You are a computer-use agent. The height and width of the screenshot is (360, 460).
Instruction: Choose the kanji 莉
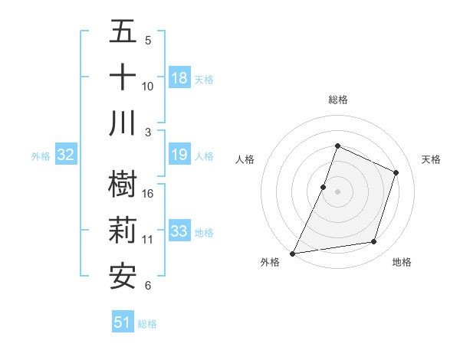pos(123,230)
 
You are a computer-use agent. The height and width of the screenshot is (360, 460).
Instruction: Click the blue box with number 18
pos(179,78)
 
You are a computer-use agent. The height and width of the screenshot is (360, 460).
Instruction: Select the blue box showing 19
pos(179,155)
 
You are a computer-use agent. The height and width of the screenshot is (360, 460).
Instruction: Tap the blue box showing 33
pos(179,231)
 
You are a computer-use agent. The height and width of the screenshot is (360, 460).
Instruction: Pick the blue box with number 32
pos(65,155)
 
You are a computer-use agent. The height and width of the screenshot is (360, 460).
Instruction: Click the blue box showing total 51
pos(123,322)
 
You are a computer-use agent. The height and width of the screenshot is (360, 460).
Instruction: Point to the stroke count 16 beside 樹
pos(148,194)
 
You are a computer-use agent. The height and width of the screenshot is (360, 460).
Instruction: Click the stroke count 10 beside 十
pos(148,87)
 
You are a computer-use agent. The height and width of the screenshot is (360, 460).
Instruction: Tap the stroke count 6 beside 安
pos(147,286)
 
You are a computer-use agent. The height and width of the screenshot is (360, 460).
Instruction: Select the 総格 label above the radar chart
pos(337,100)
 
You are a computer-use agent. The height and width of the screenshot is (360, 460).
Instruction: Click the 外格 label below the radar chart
pos(270,262)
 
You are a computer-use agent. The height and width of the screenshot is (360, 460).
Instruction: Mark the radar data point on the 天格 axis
pos(396,172)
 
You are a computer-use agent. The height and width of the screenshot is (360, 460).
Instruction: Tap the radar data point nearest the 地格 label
pos(374,242)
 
